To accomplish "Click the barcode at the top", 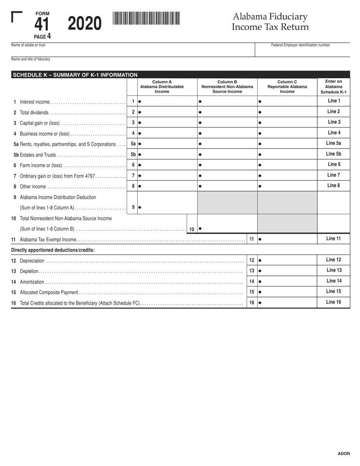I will coord(146,18).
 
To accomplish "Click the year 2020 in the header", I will coord(85,24).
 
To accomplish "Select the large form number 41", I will coord(42,25).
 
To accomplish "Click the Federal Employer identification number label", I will coord(300,45).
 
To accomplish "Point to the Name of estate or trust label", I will coord(28,45).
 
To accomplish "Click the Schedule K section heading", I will coord(75,75).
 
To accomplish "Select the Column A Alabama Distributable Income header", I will coord(162,87).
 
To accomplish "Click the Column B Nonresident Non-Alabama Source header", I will coord(227,87).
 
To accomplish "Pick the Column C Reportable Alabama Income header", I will coord(287,87).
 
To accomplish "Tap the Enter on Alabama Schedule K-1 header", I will coord(333,87).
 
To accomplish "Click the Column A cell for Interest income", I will coord(167,102).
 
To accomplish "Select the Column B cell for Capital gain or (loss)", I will coord(227,123).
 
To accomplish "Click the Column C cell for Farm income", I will coord(287,165).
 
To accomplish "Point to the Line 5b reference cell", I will coord(333,154).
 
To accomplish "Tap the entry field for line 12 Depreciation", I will coord(287,260).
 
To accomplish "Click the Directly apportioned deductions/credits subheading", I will coord(53,250).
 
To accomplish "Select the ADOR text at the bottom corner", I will coord(344,453).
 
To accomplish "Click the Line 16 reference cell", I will coord(333,302).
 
